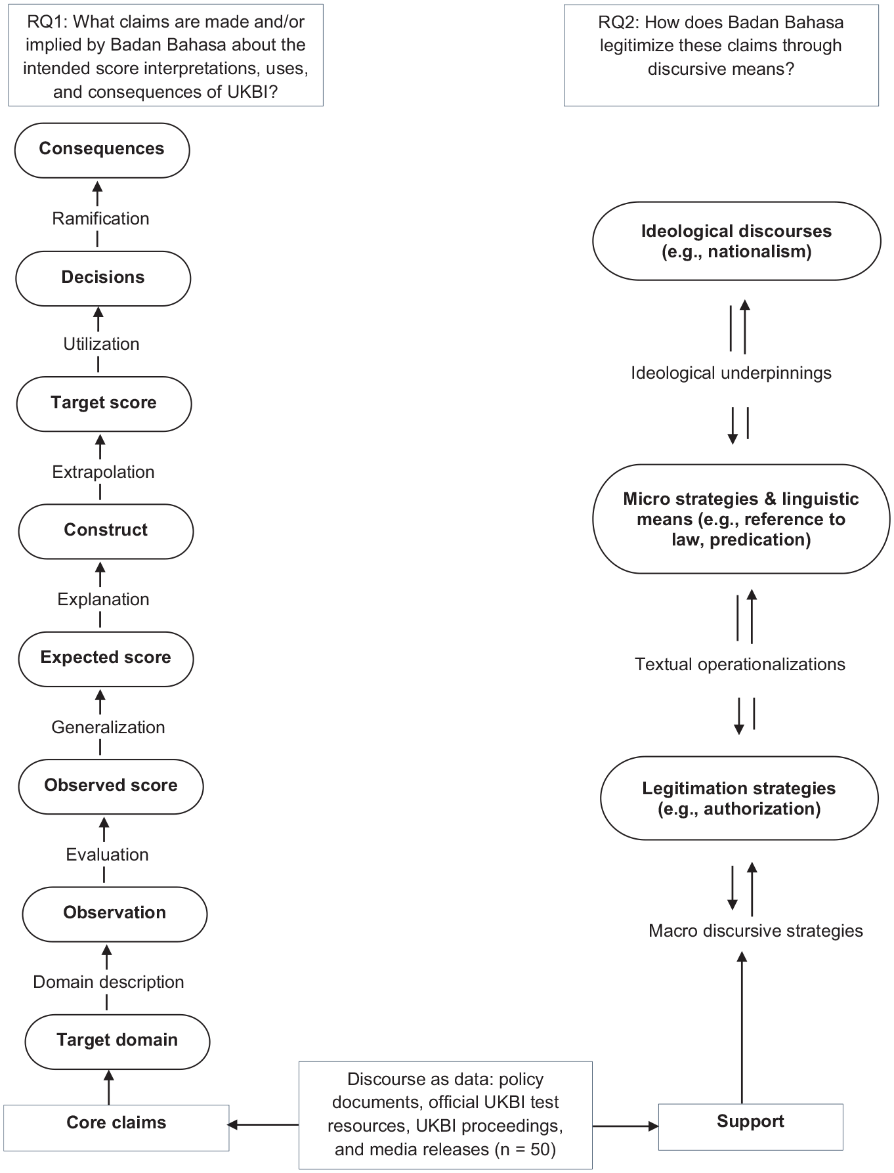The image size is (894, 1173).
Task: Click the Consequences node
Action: coord(102,150)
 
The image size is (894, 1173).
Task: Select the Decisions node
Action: coord(103,278)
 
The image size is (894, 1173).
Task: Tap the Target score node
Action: coord(104,403)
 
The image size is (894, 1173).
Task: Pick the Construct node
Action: coord(106,531)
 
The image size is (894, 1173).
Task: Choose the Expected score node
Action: coord(106,658)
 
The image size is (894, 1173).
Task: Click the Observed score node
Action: coord(111,786)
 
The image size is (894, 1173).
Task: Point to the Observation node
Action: coord(115,914)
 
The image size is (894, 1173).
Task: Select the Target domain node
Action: coord(117,1041)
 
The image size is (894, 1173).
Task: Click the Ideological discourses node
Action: coord(736,241)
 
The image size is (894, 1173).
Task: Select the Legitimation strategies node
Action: coord(739,798)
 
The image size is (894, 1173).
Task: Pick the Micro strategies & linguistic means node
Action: coord(741,519)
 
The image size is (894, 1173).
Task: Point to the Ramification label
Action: coord(100,219)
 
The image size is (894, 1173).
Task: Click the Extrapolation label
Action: coord(103,472)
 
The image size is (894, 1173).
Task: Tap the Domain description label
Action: coord(108,982)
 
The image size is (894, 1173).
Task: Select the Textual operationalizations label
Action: coord(740,664)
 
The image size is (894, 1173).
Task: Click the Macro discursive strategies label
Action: coord(756,931)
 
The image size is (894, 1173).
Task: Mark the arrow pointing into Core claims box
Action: coord(263,1124)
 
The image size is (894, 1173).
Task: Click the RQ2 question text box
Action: coord(721,55)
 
